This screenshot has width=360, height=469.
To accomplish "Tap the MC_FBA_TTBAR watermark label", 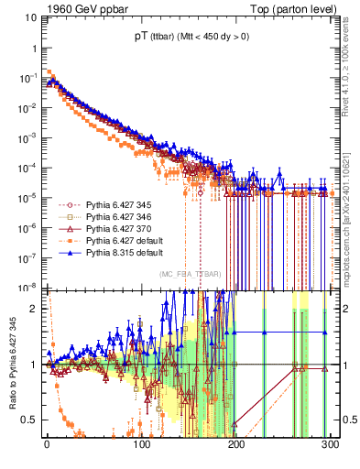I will click(191, 275).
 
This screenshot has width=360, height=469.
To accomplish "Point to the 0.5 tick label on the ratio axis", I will click(32, 420).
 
